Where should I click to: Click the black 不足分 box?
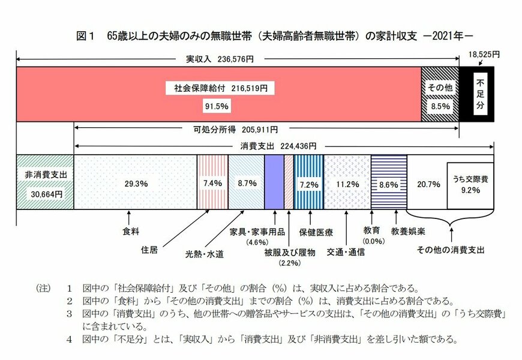point(476,94)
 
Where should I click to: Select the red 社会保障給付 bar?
point(218,94)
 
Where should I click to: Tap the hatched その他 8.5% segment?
point(439,94)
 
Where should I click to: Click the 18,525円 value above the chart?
point(484,54)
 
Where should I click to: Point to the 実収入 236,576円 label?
point(218,59)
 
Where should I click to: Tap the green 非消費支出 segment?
point(45,182)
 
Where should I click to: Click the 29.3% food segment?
point(135,182)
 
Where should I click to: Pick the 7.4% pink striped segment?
point(212,182)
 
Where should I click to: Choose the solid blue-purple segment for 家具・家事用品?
point(274,182)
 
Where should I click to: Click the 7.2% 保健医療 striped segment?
point(308,182)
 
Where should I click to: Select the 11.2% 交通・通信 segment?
point(347,182)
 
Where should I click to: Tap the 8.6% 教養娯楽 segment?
point(389,182)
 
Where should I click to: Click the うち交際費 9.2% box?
point(470,185)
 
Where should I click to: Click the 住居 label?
point(149,250)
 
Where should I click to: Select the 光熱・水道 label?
point(204,254)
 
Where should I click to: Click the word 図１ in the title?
point(86,35)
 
